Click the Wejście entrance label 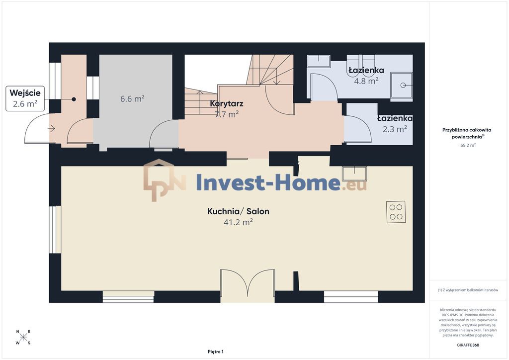pyautogui.click(x=25, y=93)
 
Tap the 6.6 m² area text pyautogui.click(x=132, y=98)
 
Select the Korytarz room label pyautogui.click(x=227, y=103)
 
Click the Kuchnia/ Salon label pyautogui.click(x=238, y=211)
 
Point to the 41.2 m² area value pyautogui.click(x=238, y=222)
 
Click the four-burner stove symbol pyautogui.click(x=396, y=212)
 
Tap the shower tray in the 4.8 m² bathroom pyautogui.click(x=402, y=85)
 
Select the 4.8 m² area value pyautogui.click(x=366, y=81)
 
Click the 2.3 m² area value pyautogui.click(x=395, y=129)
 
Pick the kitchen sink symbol pyautogui.click(x=354, y=174)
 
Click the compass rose pyautogui.click(x=23, y=337)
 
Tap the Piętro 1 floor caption pyautogui.click(x=216, y=352)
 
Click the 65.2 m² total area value pyautogui.click(x=468, y=145)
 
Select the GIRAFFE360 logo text pyautogui.click(x=468, y=345)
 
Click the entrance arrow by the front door pyautogui.click(x=51, y=129)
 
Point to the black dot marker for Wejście pyautogui.click(x=74, y=99)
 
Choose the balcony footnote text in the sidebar pyautogui.click(x=468, y=290)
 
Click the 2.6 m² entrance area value pyautogui.click(x=25, y=104)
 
